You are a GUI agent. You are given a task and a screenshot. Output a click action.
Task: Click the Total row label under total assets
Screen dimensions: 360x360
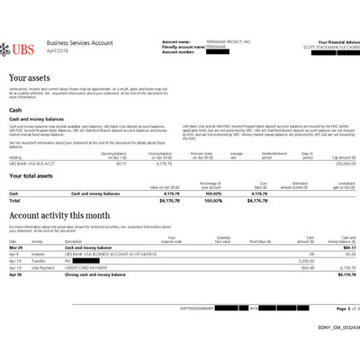point(13,200)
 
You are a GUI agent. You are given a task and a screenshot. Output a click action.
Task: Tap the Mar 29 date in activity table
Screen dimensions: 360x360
point(14,253)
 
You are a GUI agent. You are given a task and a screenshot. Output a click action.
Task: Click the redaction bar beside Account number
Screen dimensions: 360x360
point(217,52)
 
